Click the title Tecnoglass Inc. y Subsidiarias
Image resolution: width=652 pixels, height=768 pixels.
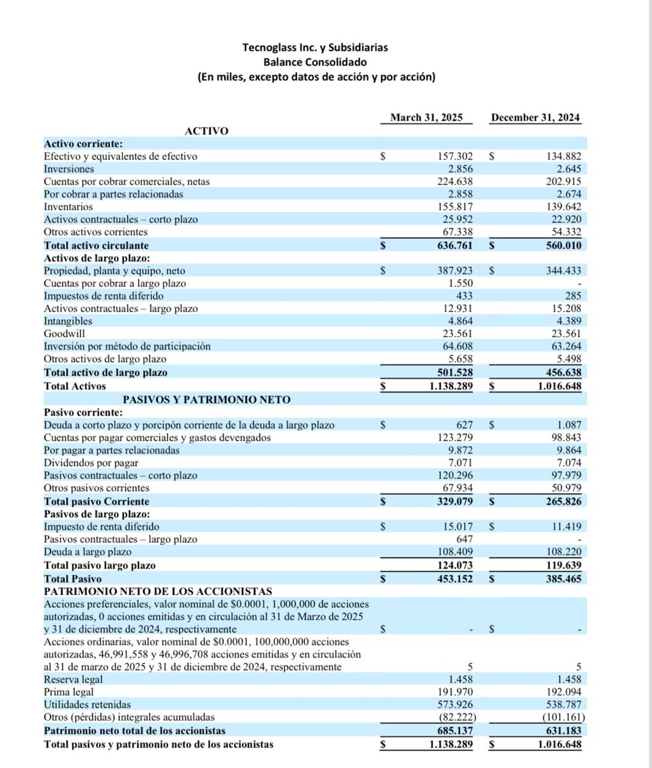point(315,47)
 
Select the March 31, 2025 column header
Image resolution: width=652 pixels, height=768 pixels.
point(426,118)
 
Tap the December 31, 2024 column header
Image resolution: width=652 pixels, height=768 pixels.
point(536,118)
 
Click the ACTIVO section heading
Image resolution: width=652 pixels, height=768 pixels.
point(207,131)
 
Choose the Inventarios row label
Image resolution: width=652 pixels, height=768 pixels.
point(68,207)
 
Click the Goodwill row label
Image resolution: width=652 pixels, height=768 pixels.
point(64,334)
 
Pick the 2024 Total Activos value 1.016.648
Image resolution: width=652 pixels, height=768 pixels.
point(560,386)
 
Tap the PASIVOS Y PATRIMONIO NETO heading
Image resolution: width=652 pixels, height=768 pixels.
point(207,400)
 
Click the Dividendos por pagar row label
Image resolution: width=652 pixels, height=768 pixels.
point(91,463)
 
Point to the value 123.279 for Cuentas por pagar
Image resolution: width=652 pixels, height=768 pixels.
point(454,438)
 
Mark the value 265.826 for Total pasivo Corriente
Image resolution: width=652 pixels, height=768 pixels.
point(564,502)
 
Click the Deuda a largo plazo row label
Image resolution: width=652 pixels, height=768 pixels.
point(87,552)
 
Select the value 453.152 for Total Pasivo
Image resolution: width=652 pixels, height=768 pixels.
point(454,579)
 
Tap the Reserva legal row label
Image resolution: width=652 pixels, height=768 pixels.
point(73,680)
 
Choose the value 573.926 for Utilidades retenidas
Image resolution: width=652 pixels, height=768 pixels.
point(454,705)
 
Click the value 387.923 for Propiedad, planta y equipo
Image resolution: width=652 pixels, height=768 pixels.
point(454,271)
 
